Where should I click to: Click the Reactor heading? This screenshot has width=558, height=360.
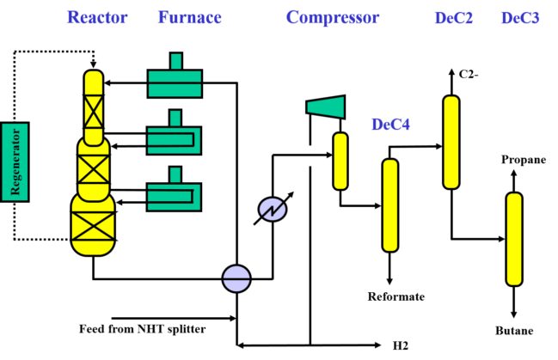(x=97, y=17)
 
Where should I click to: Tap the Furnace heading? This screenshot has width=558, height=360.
(x=190, y=17)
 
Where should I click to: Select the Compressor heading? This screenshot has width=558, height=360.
(x=333, y=18)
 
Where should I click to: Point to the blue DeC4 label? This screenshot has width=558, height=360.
(x=390, y=125)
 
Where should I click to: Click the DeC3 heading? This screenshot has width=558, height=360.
(x=520, y=18)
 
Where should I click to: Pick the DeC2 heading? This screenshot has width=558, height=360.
(x=454, y=18)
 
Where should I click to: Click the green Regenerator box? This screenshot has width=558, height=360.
(x=15, y=162)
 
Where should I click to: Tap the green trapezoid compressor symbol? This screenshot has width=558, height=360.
(x=326, y=107)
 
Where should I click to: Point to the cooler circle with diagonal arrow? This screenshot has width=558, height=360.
(x=273, y=209)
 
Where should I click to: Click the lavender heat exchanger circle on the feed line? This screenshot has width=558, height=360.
(x=236, y=279)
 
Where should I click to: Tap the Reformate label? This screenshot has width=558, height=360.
(x=396, y=296)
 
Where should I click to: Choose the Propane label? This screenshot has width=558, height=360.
(x=524, y=160)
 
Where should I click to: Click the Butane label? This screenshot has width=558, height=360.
(x=514, y=331)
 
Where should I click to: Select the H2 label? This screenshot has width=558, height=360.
(x=401, y=345)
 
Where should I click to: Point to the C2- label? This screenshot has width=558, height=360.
(x=469, y=74)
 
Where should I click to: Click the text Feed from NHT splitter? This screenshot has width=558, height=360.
(x=143, y=329)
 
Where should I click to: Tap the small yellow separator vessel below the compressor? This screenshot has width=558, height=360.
(x=340, y=162)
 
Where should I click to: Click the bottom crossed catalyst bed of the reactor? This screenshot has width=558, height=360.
(x=93, y=226)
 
